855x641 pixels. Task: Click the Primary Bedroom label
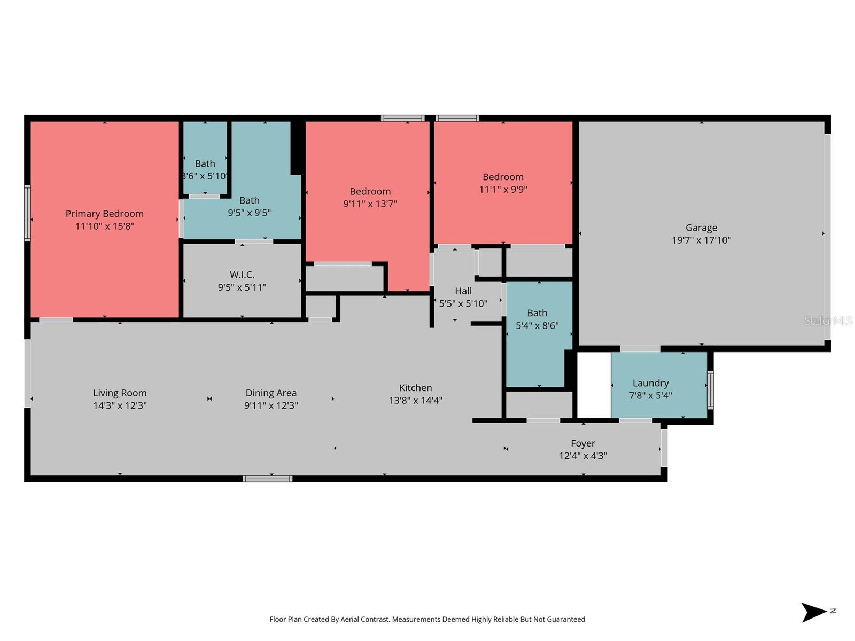104,214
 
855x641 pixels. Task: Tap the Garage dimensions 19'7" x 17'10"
701,240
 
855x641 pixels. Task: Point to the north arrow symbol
813,612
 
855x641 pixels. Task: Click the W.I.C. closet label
242,275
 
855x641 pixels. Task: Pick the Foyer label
582,443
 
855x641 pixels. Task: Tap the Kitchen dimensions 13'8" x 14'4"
415,401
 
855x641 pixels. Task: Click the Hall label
463,291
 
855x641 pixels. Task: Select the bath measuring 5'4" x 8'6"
537,331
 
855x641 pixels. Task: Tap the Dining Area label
271,393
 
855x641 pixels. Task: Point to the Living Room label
120,393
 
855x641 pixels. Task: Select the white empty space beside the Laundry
594,385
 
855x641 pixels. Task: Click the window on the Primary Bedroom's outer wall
27,213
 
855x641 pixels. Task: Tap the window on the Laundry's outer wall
710,390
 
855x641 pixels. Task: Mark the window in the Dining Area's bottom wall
267,479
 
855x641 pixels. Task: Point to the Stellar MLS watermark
828,320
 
